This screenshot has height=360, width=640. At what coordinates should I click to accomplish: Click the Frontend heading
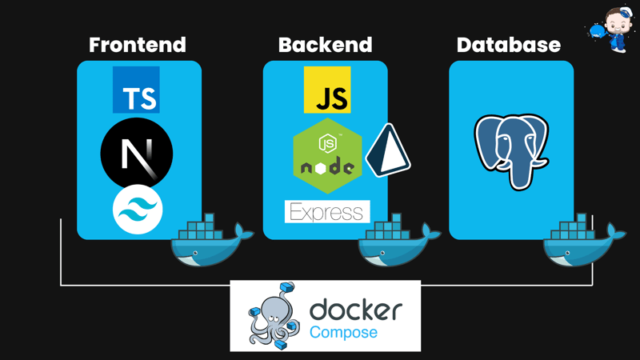(x=138, y=45)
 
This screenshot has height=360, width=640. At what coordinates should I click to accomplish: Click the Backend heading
(x=325, y=45)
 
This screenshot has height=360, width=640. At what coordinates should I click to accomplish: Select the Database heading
(x=509, y=45)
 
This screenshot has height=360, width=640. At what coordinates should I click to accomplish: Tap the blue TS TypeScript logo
(x=136, y=90)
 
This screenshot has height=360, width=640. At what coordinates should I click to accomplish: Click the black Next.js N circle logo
(x=137, y=153)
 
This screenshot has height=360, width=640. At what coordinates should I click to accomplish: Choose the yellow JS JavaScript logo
(x=327, y=90)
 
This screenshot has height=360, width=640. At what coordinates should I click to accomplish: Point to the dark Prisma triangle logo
(x=387, y=150)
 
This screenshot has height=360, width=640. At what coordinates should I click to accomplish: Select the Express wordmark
(x=327, y=212)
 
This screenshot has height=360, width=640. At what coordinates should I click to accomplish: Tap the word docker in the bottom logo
(x=356, y=309)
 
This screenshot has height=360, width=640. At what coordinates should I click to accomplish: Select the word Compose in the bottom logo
(x=344, y=332)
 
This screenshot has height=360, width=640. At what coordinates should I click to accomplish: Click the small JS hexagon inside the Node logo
(x=327, y=144)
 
